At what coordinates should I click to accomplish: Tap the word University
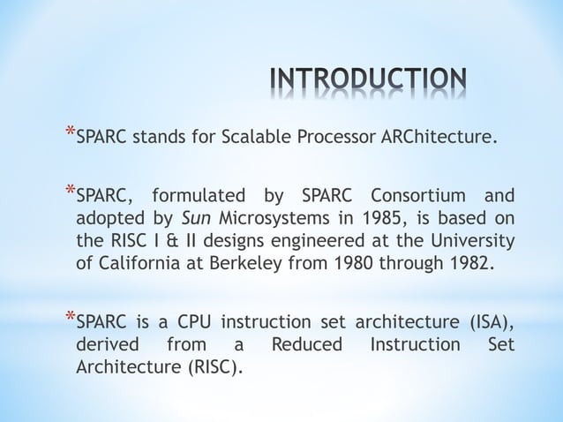pyautogui.click(x=474, y=241)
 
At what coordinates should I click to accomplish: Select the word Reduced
pyautogui.click(x=305, y=343)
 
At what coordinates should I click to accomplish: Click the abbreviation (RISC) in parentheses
pyautogui.click(x=211, y=366)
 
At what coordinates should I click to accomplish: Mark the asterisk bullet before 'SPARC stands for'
pyautogui.click(x=69, y=133)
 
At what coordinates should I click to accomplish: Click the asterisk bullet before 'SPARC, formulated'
pyautogui.click(x=69, y=191)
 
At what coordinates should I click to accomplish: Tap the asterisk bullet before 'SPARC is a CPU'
pyautogui.click(x=69, y=316)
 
